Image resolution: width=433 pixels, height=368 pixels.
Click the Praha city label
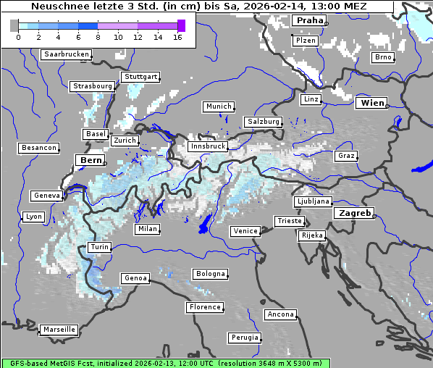coord(309,20)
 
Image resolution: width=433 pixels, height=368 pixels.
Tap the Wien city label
coord(371,103)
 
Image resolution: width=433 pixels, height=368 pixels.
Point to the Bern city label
coord(91,159)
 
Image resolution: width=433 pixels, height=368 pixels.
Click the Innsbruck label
coord(207,146)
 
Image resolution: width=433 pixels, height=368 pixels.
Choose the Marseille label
coord(59,329)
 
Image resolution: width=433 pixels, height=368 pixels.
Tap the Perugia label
coord(244,338)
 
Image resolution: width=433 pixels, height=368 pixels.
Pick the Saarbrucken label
coord(67,54)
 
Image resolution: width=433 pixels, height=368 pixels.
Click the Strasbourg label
coord(92,86)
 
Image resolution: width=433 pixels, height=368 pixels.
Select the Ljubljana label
coord(313,201)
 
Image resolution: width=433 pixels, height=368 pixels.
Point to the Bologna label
coord(209,274)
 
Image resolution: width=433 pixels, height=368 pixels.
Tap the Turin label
coord(99,247)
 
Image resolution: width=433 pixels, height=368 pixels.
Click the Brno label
coord(382,57)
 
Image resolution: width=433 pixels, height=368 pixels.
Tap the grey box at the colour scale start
coord(14,25)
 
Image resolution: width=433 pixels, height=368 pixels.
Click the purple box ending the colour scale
coord(181,25)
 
